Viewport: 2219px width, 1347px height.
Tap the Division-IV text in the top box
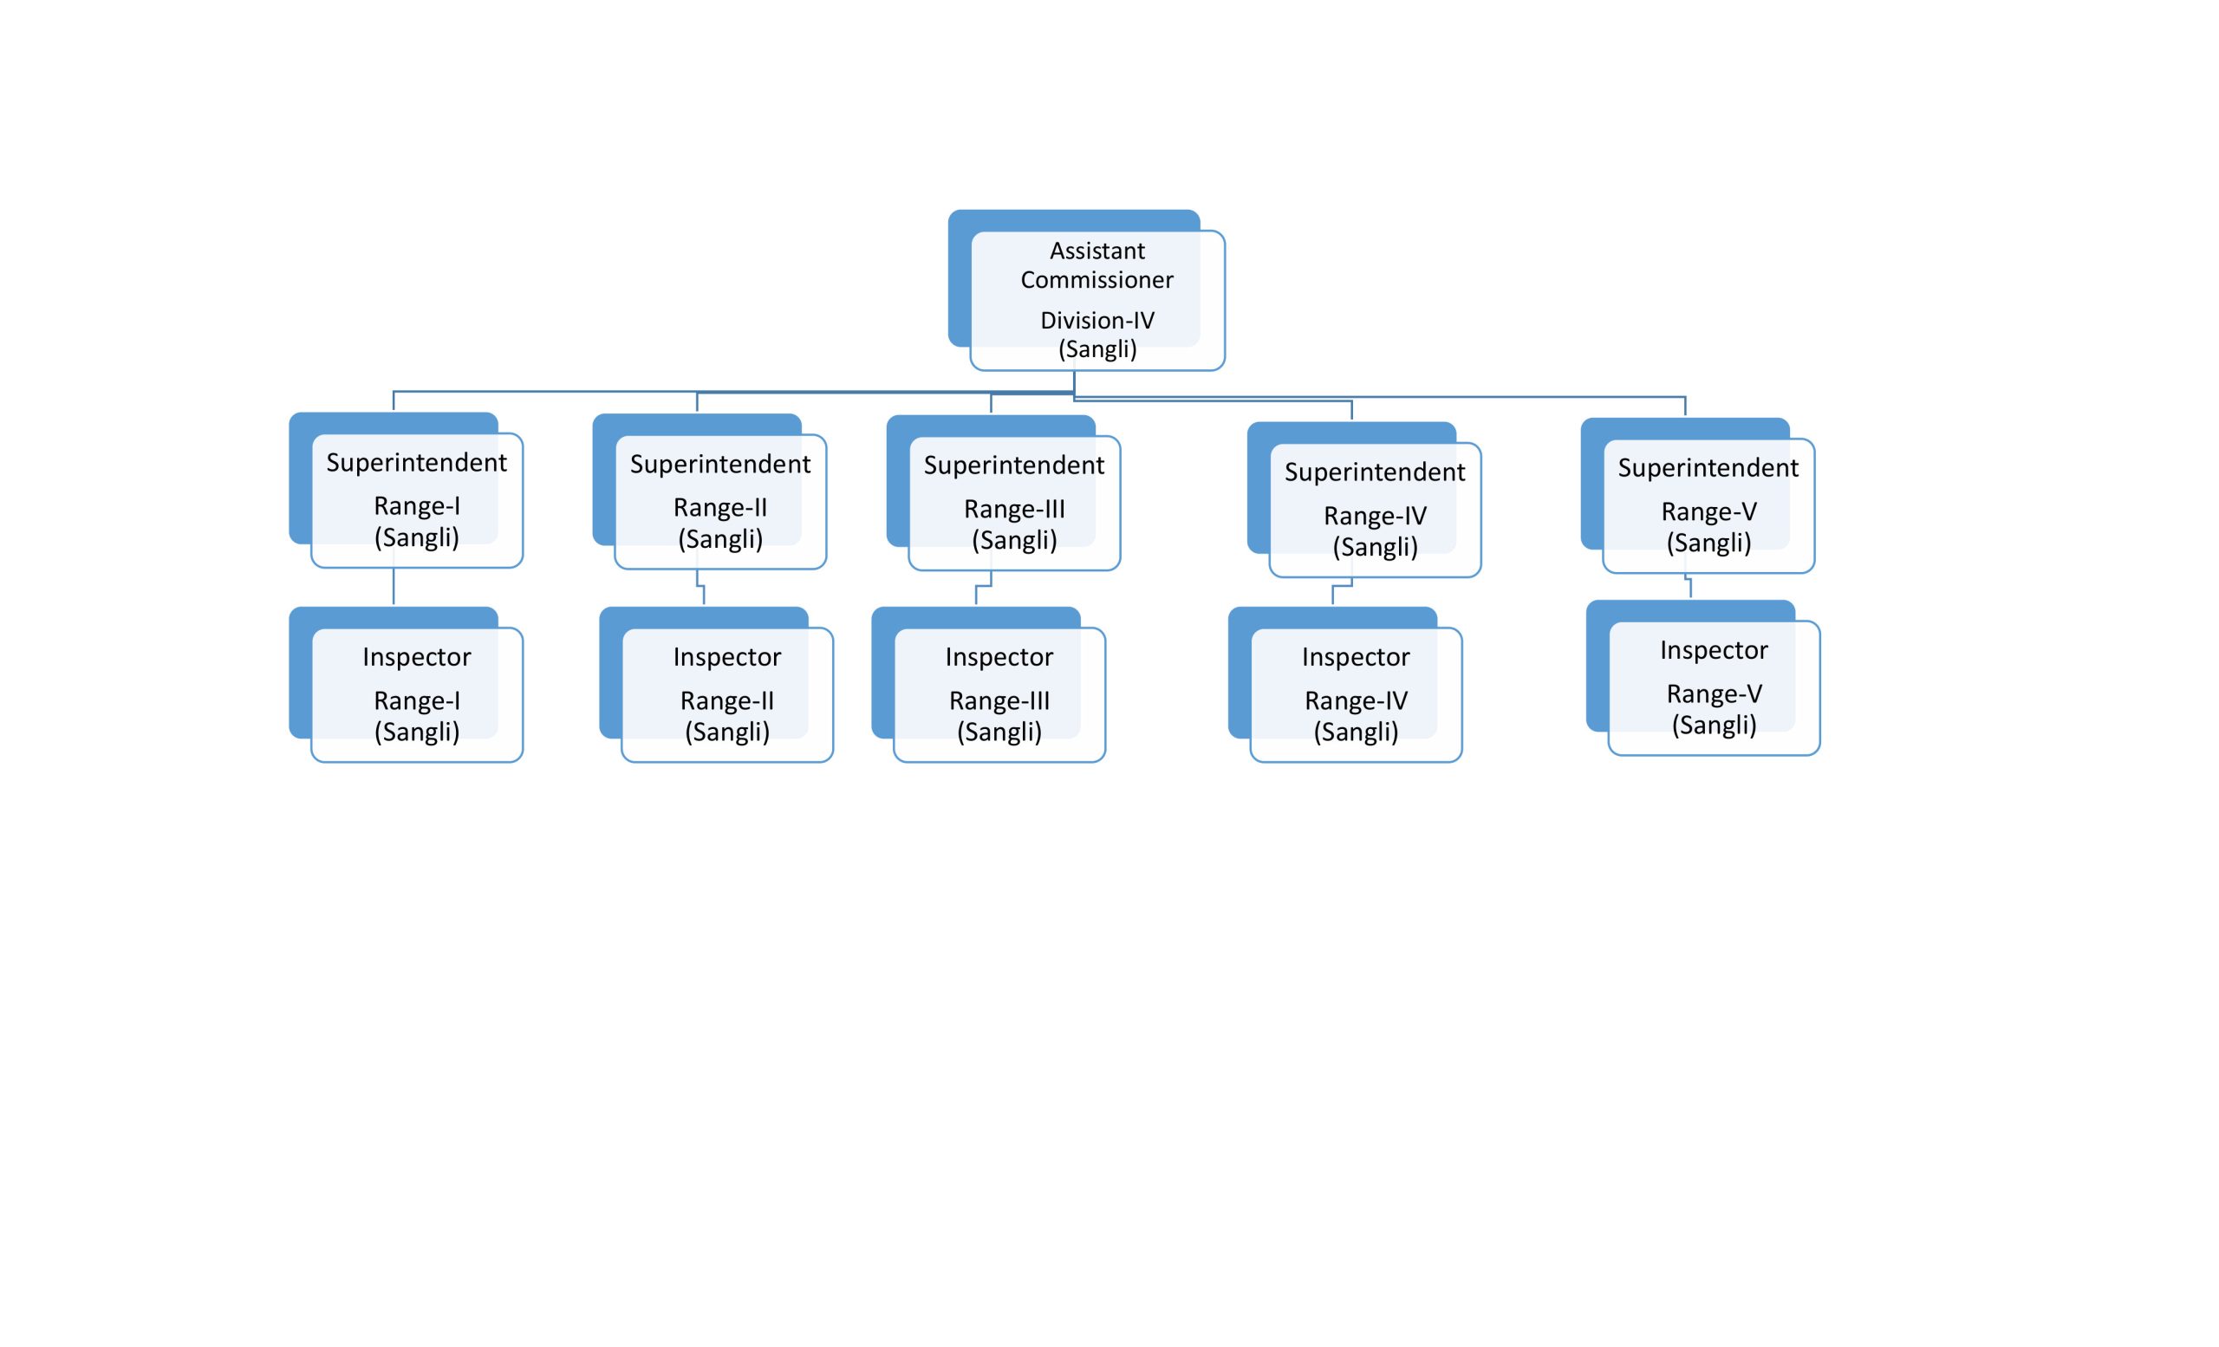1096,320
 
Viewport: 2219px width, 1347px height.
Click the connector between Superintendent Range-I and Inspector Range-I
394,587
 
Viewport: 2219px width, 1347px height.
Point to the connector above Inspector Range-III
984,587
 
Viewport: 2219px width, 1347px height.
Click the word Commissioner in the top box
1096,279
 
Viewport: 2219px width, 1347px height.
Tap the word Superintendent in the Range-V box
1708,467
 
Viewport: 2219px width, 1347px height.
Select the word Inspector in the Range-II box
727,656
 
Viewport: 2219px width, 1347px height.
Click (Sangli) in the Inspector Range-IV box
1357,731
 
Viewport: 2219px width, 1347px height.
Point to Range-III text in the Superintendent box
1014,509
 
